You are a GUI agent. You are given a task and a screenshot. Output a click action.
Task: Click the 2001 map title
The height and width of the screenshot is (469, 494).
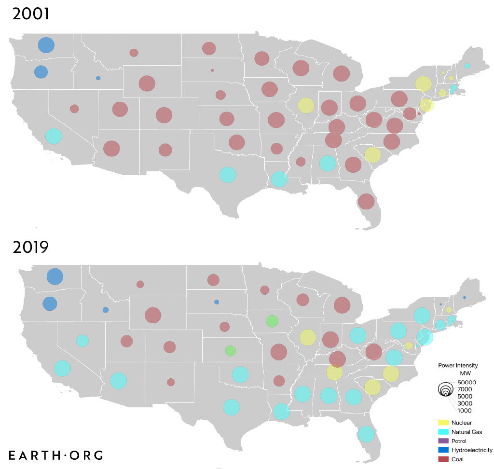coord(30,14)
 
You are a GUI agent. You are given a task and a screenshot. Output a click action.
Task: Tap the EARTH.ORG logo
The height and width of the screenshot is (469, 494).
coord(56,455)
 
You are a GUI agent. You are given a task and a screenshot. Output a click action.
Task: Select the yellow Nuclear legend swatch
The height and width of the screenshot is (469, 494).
coord(443,423)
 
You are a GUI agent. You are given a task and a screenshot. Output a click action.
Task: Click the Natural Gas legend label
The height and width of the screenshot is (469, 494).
coord(467,432)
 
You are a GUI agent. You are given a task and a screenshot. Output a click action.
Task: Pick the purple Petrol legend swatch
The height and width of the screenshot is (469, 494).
coord(443,441)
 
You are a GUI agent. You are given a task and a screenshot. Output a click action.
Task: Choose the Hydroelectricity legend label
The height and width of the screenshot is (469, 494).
coord(472,450)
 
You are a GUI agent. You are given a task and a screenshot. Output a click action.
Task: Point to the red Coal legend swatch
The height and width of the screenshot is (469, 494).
coord(443,459)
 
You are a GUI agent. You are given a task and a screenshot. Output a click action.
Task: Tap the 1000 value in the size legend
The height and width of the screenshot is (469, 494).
coord(465,411)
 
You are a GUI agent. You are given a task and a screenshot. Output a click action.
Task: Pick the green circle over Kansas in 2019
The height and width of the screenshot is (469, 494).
coord(231,350)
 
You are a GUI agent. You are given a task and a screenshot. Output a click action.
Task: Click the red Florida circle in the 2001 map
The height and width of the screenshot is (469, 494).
coord(366,201)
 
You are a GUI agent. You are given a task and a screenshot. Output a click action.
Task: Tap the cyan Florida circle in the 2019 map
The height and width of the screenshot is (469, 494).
coord(366,434)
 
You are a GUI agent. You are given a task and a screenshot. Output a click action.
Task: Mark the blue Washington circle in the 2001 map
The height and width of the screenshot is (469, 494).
coord(46,45)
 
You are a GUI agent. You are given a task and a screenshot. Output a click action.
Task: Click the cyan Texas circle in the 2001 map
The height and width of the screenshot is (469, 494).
coord(227,174)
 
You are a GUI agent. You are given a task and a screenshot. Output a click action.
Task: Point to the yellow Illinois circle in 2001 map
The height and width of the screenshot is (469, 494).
coord(306,105)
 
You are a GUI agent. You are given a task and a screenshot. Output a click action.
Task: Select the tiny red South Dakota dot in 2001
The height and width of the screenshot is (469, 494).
coord(212,70)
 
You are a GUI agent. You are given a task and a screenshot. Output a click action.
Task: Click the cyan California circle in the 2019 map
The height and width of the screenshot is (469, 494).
coord(62,369)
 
